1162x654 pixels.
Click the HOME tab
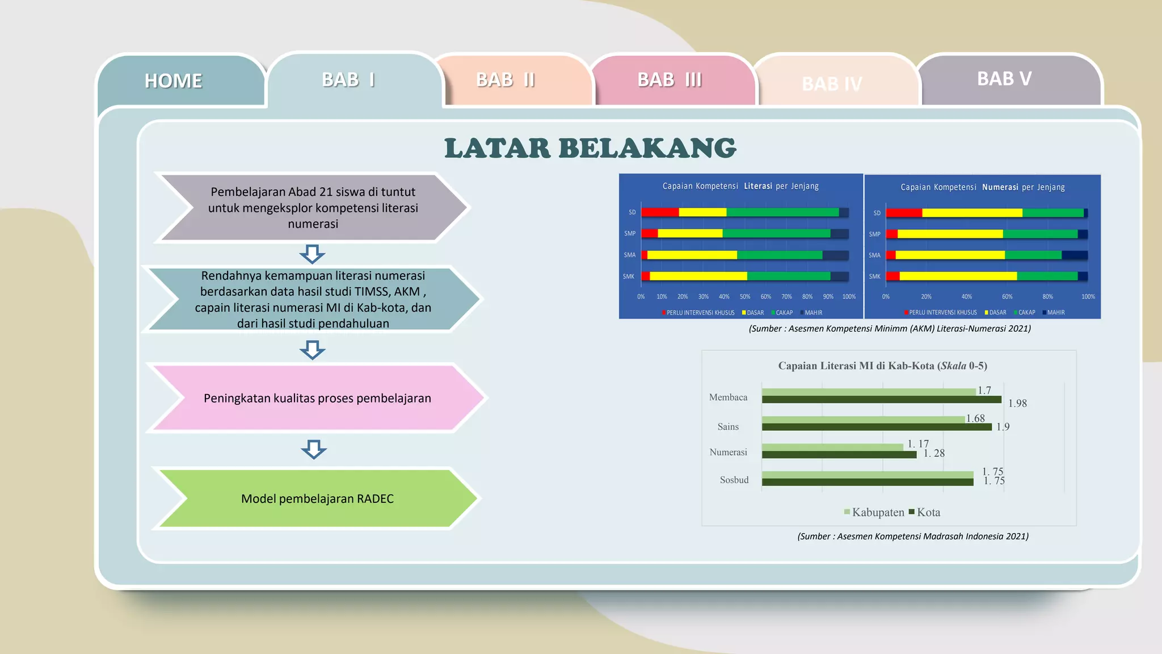coord(174,81)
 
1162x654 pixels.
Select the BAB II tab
coord(505,80)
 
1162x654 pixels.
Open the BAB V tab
coord(1004,78)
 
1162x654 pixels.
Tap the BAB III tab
coord(670,80)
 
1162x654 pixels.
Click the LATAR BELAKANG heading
coord(590,148)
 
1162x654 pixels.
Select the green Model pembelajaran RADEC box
coord(317,498)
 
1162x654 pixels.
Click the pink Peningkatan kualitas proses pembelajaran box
coord(317,398)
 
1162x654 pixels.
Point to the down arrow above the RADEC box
coord(313,449)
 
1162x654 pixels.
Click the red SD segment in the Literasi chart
coord(660,212)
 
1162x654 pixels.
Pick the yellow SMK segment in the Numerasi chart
coord(958,276)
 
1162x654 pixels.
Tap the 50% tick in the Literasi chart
coord(745,296)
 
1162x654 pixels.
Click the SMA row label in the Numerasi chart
coord(874,255)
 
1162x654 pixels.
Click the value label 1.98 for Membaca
coord(1017,404)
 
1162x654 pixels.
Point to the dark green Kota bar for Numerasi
coord(839,455)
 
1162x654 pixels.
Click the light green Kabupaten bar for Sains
coord(862,420)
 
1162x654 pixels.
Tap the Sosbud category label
coord(734,480)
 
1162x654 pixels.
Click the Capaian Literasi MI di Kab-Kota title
coord(882,366)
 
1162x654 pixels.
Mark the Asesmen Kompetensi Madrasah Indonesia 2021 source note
coord(912,536)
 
